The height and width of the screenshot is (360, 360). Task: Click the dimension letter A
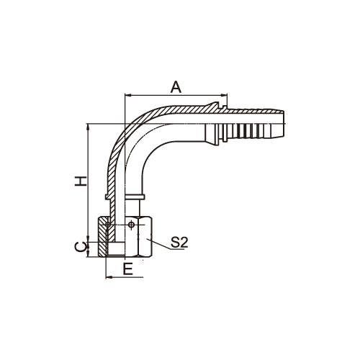(176, 87)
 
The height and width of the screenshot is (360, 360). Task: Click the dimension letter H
(80, 181)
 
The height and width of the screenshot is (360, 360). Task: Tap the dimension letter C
(80, 247)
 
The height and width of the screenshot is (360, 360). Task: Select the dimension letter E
(128, 269)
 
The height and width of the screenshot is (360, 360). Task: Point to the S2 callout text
(179, 243)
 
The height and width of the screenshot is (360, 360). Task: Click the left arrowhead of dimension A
(127, 95)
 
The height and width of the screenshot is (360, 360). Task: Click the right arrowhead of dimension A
(224, 95)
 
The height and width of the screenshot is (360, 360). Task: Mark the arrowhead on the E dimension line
(109, 277)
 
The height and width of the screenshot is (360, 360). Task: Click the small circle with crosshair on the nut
(131, 225)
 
